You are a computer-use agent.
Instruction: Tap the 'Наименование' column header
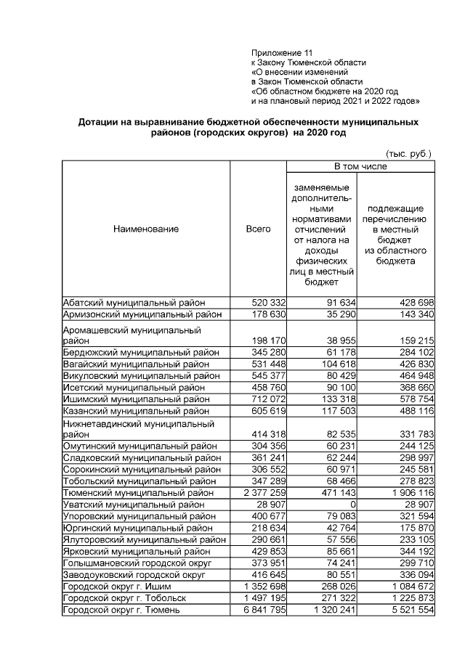tap(145, 229)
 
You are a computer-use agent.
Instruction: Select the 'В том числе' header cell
tap(360, 167)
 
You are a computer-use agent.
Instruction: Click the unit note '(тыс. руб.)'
tap(408, 154)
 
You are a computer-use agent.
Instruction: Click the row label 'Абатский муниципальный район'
tap(134, 302)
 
